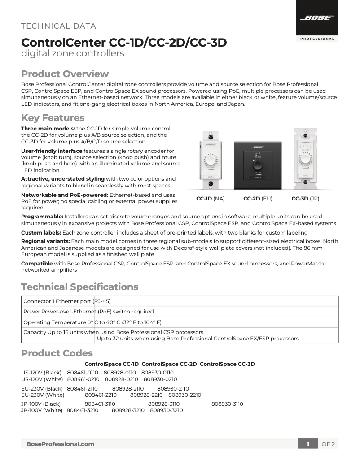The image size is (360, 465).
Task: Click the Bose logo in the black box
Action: (317, 18)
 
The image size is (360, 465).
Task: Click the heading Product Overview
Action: (65, 74)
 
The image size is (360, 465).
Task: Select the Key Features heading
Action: (53, 118)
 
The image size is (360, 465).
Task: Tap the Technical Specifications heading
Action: (79, 287)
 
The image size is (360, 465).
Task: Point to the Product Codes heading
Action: (57, 353)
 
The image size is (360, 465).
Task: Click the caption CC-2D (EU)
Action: (258, 198)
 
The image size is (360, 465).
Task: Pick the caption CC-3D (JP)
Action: (305, 198)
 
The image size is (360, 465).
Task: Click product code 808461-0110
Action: (83, 373)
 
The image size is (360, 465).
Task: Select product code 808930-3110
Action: (227, 404)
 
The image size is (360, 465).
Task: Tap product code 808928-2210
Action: (146, 395)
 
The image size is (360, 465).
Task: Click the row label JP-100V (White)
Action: (42, 410)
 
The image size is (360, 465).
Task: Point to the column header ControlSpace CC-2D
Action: (169, 364)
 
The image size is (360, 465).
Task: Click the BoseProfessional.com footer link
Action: (60, 444)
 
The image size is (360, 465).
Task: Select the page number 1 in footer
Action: (308, 444)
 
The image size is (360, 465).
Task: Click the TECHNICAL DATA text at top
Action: (58, 26)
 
